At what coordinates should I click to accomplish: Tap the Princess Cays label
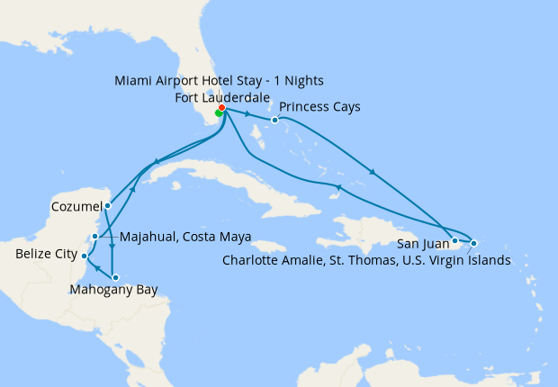(319, 106)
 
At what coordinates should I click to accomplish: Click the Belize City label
(46, 255)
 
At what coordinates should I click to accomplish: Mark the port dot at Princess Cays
(274, 120)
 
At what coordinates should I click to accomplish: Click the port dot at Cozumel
(107, 205)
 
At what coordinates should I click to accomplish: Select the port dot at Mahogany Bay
(114, 276)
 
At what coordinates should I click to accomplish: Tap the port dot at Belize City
(84, 256)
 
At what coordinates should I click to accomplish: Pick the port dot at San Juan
(455, 240)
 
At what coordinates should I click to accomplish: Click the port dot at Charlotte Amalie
(473, 243)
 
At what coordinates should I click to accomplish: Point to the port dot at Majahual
(94, 237)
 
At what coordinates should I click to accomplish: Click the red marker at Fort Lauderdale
(221, 108)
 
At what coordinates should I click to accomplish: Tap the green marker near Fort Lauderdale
(219, 113)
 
